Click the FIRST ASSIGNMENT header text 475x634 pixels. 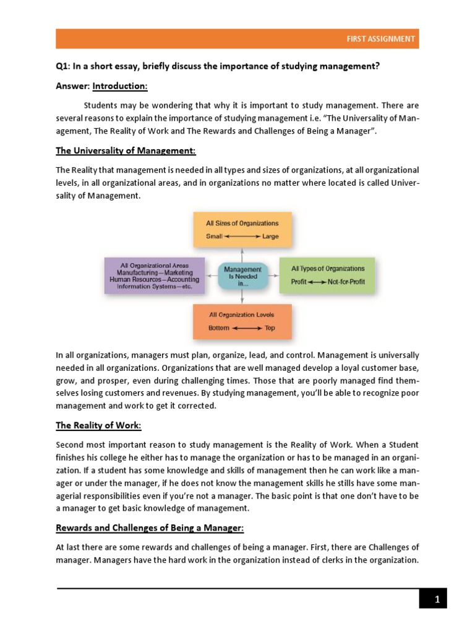[x=380, y=38]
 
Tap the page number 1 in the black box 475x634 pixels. [x=437, y=599]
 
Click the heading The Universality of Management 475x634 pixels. [x=126, y=150]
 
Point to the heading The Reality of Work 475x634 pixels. [x=98, y=425]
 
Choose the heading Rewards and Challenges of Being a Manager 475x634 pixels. [x=150, y=528]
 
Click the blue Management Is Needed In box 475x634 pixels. [x=242, y=276]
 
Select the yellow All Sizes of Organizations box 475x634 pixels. [x=242, y=229]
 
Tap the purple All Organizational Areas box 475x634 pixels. [x=154, y=275]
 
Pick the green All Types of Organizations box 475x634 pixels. [x=327, y=275]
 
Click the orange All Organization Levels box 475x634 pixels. [x=242, y=321]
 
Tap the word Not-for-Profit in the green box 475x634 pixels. [x=346, y=282]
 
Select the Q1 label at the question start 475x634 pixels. [x=62, y=66]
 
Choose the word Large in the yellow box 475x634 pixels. [x=271, y=236]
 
